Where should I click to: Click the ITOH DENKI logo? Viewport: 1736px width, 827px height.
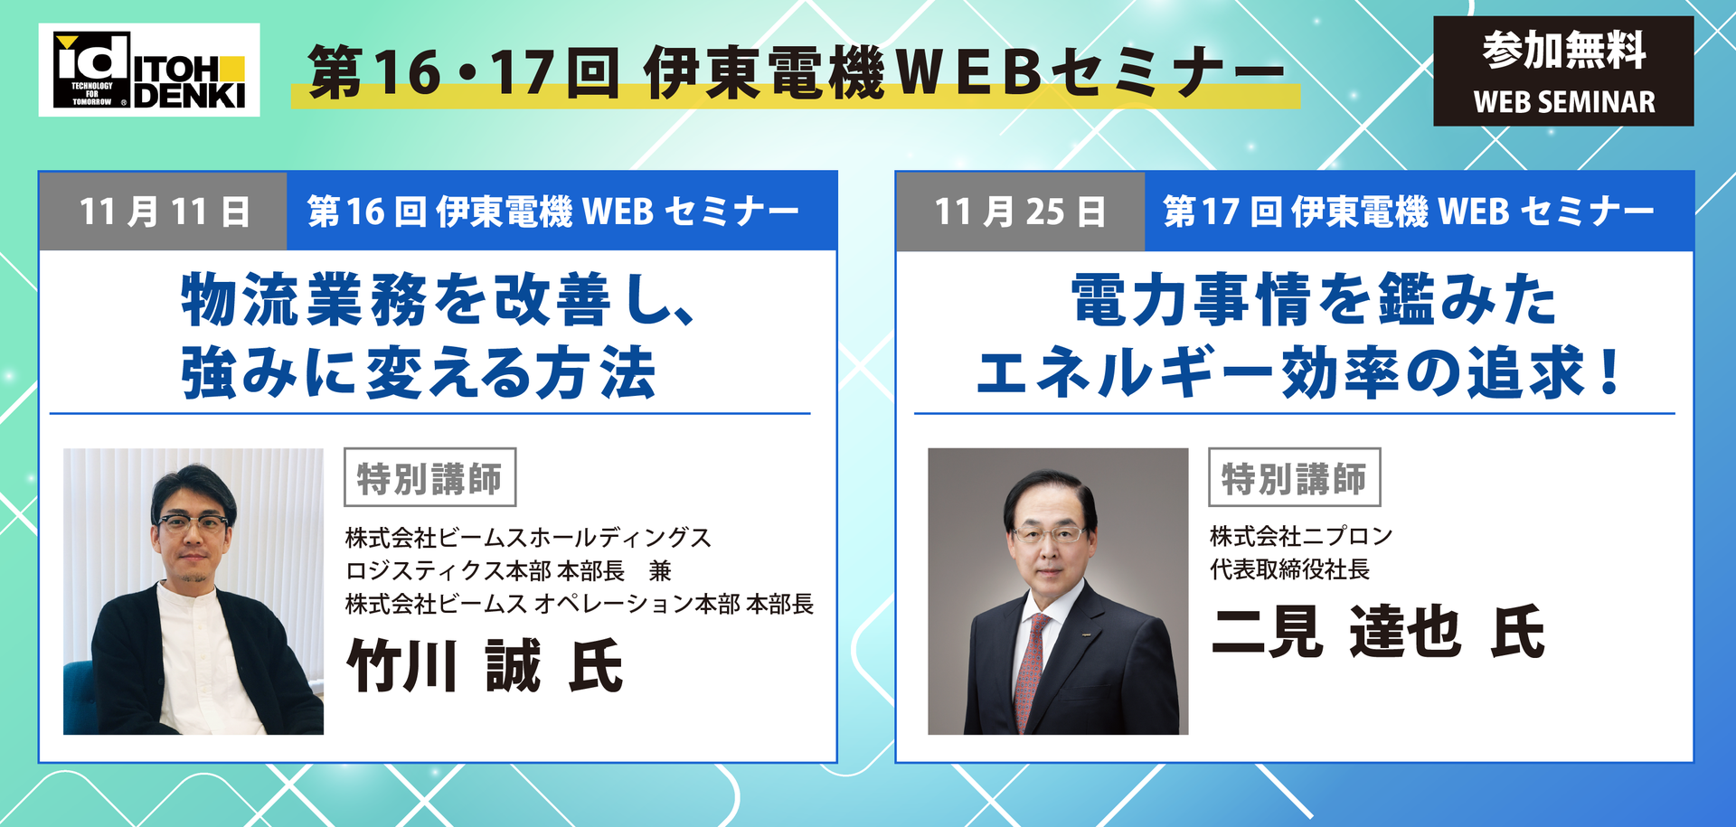(x=149, y=70)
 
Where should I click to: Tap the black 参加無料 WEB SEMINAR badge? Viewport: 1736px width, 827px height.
(x=1563, y=70)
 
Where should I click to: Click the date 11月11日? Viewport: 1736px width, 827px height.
(x=164, y=211)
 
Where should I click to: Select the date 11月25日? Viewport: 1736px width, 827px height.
(x=1021, y=211)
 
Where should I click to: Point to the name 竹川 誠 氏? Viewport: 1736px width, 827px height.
(x=486, y=666)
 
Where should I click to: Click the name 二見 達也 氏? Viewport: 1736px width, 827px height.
(x=1379, y=631)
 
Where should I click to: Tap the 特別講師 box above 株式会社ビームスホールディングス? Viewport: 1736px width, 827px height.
(x=429, y=477)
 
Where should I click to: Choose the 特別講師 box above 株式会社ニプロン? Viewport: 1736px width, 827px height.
(x=1295, y=477)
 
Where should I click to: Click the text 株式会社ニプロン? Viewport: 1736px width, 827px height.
(x=1301, y=536)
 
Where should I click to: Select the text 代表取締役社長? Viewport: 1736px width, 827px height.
(x=1290, y=569)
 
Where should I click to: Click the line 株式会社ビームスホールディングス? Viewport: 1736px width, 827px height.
(x=528, y=538)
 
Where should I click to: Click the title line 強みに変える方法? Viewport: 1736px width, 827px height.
(x=419, y=372)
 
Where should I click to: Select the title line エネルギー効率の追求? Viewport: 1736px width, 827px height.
(x=1300, y=372)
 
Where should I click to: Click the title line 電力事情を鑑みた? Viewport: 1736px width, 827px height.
(x=1314, y=299)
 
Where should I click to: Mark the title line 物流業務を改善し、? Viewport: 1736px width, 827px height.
(x=439, y=299)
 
